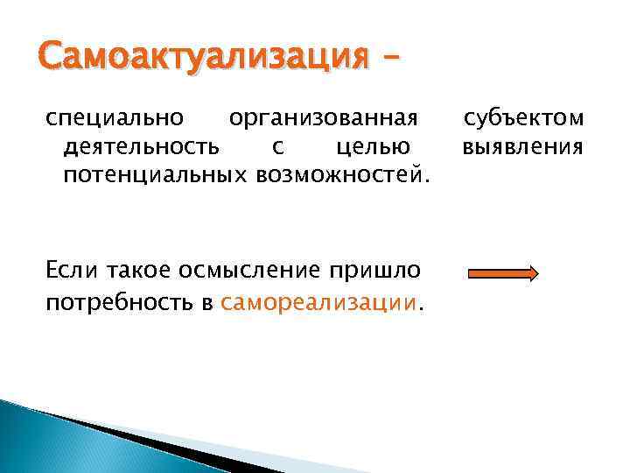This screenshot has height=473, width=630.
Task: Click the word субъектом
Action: (524, 118)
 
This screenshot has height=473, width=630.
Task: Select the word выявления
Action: (523, 147)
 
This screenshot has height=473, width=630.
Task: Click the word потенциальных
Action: (157, 176)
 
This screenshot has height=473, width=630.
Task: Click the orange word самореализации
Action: (320, 303)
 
